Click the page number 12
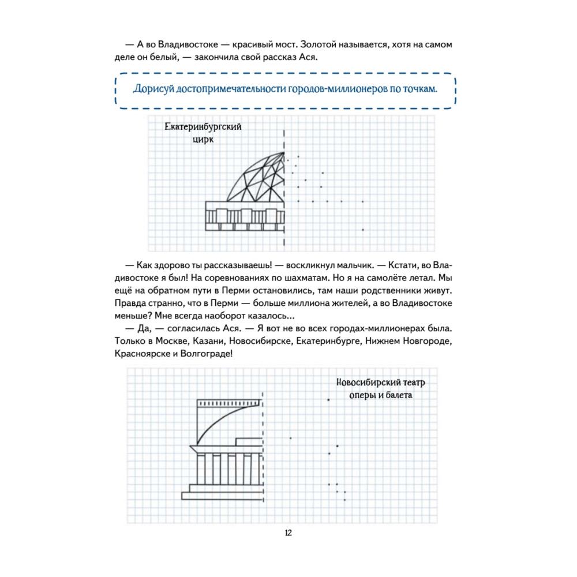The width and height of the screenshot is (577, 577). pyautogui.click(x=288, y=533)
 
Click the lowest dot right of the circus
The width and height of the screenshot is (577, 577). pyautogui.click(x=363, y=230)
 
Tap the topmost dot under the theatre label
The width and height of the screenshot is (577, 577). pyautogui.click(x=329, y=399)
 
